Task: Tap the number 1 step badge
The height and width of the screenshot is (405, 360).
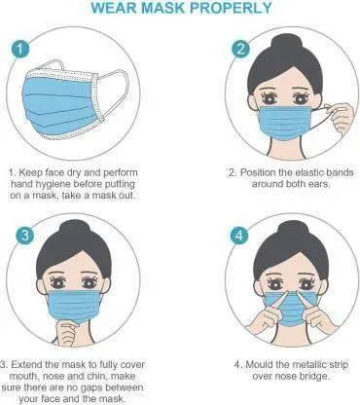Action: pos(20,50)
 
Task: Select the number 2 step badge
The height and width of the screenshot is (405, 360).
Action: pos(240,50)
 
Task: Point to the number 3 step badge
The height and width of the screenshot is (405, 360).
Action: pos(24,236)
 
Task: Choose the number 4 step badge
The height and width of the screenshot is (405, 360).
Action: pos(239,235)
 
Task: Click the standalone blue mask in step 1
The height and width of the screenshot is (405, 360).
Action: pos(60,105)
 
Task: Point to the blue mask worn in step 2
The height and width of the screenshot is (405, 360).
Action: pos(285,123)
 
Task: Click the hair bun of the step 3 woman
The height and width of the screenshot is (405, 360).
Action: pos(74,231)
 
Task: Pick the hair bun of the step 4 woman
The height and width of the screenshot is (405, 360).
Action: pos(291,231)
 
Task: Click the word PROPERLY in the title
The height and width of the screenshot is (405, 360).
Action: pos(230,8)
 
